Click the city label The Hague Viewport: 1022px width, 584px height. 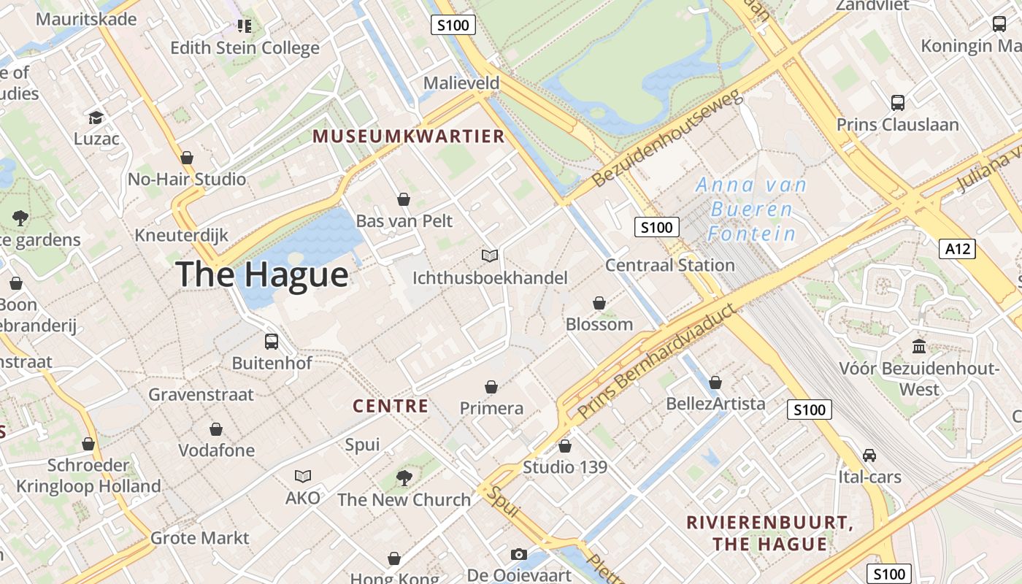tap(262, 274)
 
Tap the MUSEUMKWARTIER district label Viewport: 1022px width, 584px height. tap(409, 136)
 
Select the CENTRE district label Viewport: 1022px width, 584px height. tap(391, 406)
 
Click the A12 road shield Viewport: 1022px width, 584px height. tap(957, 249)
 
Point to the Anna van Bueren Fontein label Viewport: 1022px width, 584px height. tap(752, 210)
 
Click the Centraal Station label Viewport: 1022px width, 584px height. tap(669, 265)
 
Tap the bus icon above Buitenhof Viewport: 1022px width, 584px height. tap(272, 341)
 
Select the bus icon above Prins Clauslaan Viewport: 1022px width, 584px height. tap(897, 103)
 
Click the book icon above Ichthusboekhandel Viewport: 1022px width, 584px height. tap(490, 256)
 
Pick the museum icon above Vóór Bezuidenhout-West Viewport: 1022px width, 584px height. tap(919, 346)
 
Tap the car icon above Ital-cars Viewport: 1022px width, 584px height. tap(869, 456)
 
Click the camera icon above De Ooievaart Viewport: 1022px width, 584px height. tap(518, 555)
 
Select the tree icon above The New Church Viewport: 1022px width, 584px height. tap(404, 478)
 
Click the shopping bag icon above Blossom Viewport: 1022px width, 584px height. tap(599, 303)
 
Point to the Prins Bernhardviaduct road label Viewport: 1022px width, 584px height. tap(655, 362)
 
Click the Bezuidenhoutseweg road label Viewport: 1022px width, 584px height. tap(666, 138)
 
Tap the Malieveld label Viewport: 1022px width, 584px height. tap(461, 83)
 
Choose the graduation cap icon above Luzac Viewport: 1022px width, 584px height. tap(96, 118)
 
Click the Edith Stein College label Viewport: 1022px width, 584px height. tap(245, 48)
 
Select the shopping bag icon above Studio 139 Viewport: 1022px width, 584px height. tap(564, 446)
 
